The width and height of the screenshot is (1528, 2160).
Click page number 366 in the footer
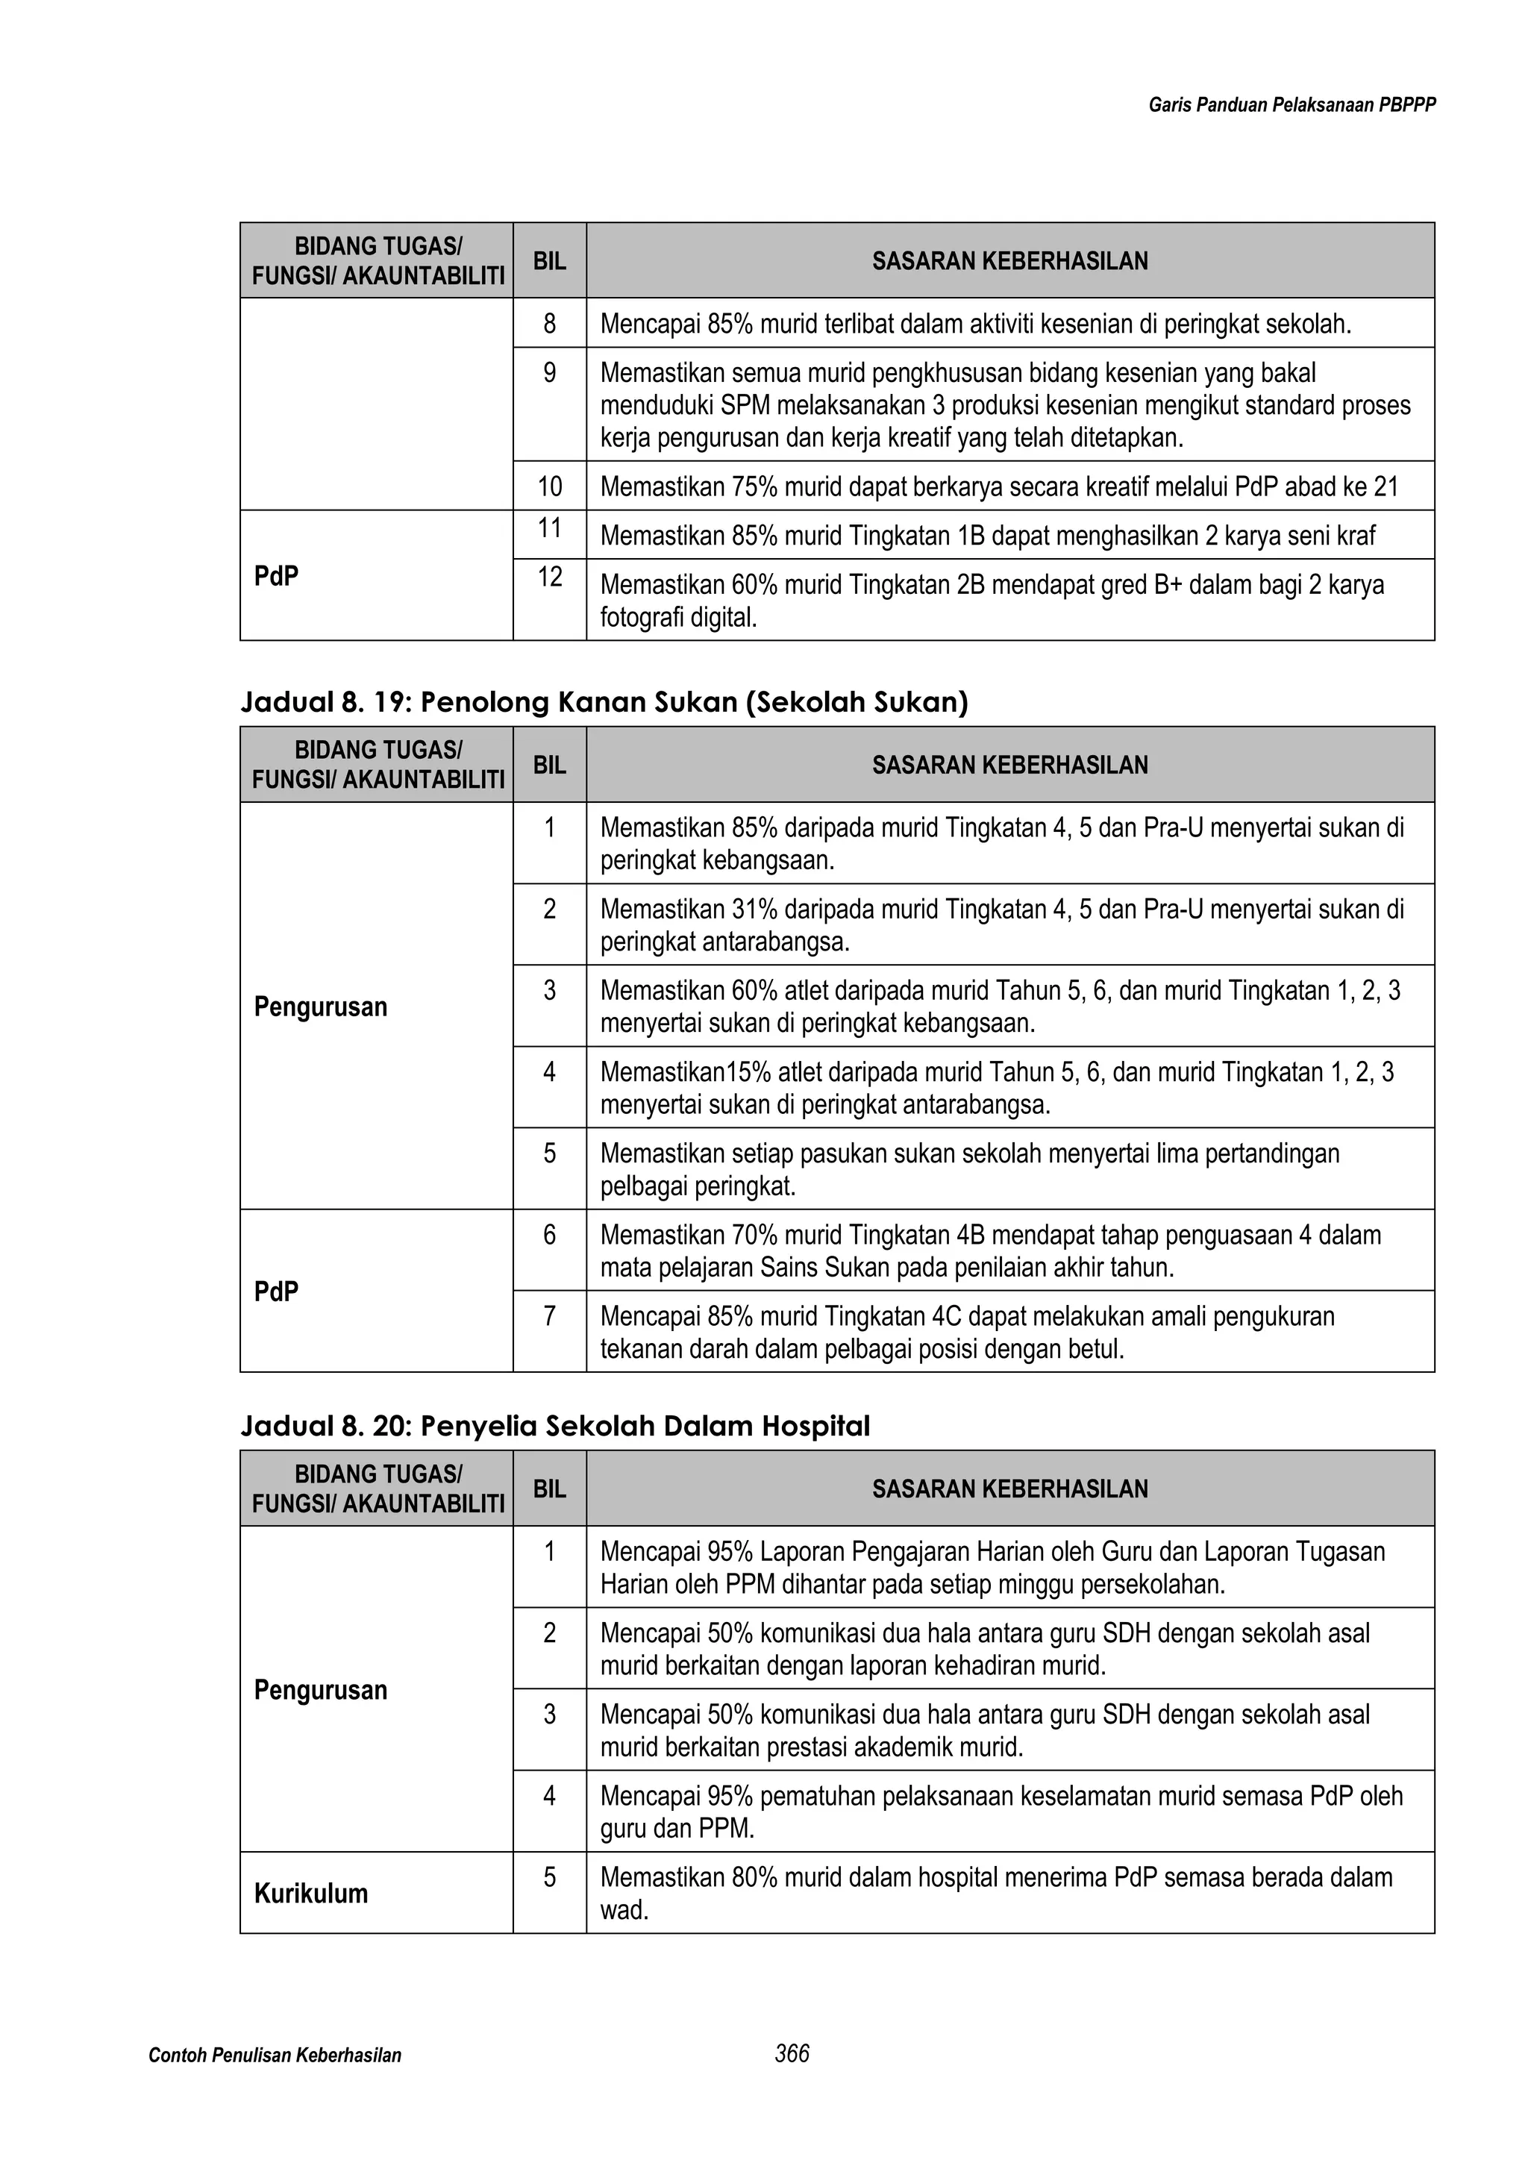point(792,2054)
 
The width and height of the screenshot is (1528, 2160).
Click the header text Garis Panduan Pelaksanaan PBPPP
point(1291,105)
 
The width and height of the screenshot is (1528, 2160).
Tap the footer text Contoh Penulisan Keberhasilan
point(275,2056)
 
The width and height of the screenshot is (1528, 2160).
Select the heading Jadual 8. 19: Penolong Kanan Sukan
point(604,703)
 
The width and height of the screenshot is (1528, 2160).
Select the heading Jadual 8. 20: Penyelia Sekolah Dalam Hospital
point(555,1427)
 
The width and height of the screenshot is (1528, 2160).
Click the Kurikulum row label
point(310,1893)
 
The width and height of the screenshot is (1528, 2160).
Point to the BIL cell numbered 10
point(549,486)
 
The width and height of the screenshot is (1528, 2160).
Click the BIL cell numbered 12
point(549,577)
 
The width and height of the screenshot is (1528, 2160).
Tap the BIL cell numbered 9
point(549,374)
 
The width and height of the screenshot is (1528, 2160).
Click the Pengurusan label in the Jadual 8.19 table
point(321,1007)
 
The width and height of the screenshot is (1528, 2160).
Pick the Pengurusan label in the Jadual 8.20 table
point(321,1690)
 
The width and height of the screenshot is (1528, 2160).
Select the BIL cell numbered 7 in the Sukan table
point(549,1316)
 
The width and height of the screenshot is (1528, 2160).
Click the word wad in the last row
point(622,1910)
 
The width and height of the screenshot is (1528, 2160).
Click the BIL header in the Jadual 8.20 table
point(549,1488)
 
